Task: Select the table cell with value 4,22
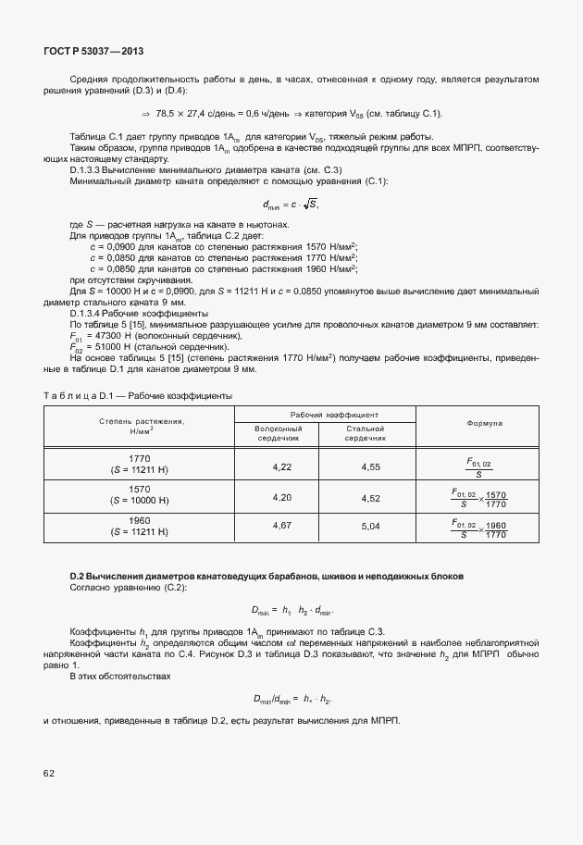coord(282,466)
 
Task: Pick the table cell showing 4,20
coord(282,497)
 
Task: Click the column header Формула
coord(477,423)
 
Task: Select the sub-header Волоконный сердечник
coord(282,433)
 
